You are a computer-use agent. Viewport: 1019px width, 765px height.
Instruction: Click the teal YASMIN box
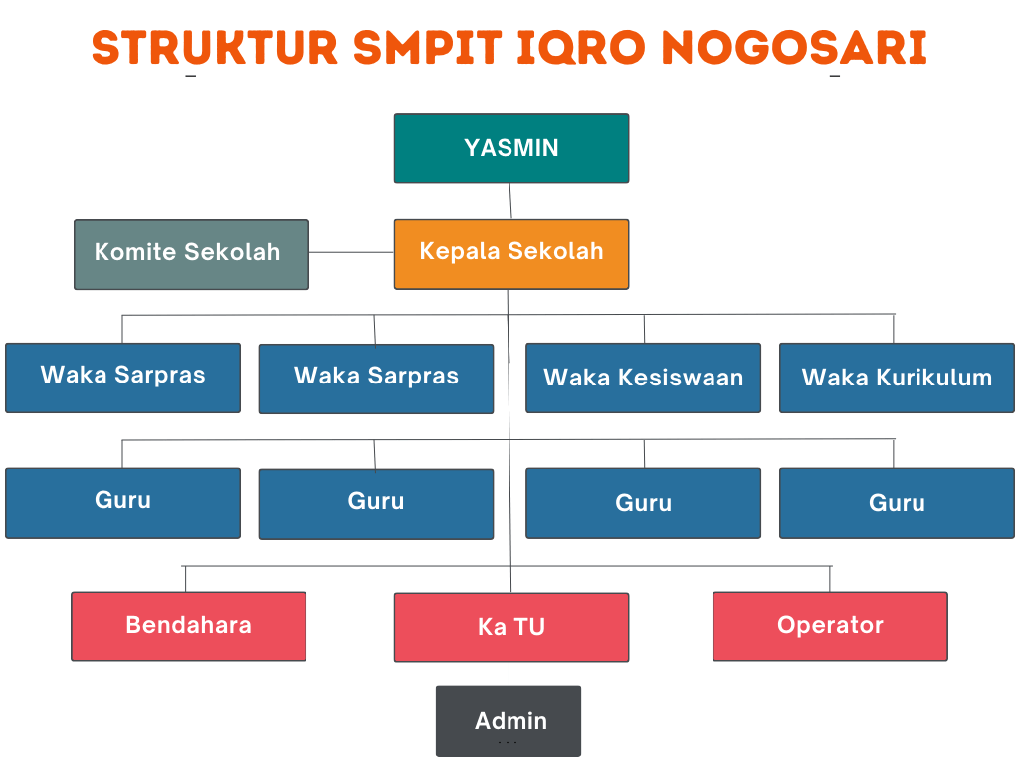(x=511, y=148)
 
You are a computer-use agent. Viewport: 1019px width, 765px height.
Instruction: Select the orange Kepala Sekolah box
(x=511, y=254)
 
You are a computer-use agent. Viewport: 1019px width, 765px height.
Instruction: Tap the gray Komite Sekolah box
(x=192, y=254)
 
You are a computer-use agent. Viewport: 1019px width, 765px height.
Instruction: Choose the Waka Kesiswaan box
(x=644, y=378)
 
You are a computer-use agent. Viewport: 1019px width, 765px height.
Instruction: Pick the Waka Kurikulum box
(x=897, y=378)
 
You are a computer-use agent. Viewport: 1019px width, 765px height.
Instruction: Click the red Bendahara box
(x=188, y=627)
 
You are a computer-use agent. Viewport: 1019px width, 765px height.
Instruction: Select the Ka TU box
(x=511, y=628)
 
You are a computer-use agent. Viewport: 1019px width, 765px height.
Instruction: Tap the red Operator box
(x=831, y=627)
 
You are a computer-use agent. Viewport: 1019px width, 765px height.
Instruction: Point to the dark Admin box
(x=509, y=721)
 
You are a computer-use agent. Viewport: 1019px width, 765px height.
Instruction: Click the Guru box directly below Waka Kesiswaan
(x=644, y=503)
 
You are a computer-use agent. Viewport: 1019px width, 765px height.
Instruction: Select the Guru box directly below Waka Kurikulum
(x=897, y=503)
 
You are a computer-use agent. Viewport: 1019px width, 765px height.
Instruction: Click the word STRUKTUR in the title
(x=215, y=48)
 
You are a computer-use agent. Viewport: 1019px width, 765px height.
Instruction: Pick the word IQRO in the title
(x=581, y=48)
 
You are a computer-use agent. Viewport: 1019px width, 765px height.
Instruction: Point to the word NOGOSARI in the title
(x=794, y=48)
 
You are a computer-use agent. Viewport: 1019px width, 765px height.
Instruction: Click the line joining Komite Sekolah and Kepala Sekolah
(x=351, y=252)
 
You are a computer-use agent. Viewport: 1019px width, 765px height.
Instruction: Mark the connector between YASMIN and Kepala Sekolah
(x=510, y=201)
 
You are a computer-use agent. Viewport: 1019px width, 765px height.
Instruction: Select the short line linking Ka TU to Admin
(x=509, y=674)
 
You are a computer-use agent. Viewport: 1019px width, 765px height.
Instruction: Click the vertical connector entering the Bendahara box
(x=185, y=579)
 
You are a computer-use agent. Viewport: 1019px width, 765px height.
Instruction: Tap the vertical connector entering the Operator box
(x=830, y=579)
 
